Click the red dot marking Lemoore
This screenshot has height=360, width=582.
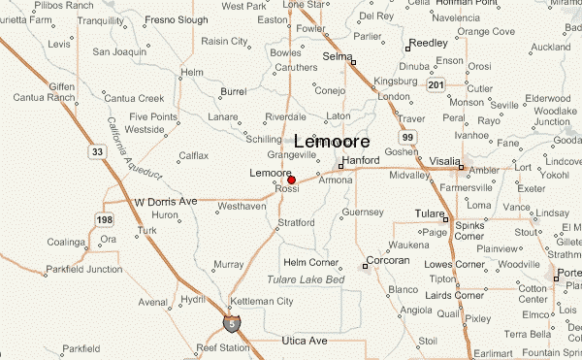(291, 180)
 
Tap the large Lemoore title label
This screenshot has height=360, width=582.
(331, 141)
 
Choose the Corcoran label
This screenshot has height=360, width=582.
(391, 262)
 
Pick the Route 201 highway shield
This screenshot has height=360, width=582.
(437, 86)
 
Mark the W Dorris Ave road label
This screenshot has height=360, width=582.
(165, 201)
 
